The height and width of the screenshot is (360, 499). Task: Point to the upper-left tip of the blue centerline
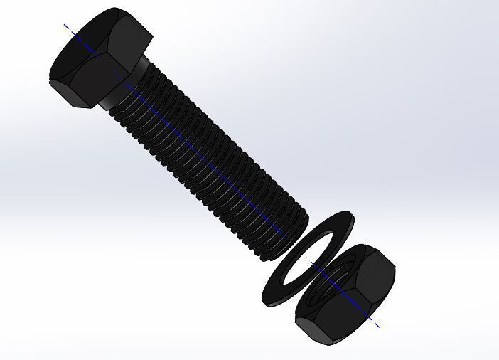[x=65, y=25]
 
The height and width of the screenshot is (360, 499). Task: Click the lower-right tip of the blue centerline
[x=378, y=327]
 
